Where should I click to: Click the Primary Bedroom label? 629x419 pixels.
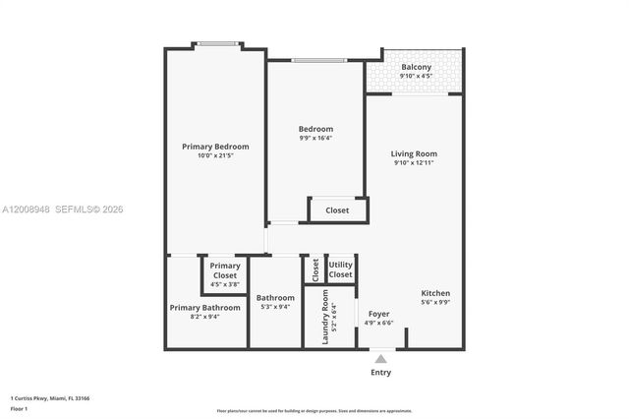215,147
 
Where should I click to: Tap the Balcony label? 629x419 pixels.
416,67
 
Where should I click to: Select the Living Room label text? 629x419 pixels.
414,153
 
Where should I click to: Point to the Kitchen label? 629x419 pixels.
435,293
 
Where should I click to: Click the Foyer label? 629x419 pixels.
378,314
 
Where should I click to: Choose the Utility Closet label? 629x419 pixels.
340,269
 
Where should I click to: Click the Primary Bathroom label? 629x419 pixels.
204,307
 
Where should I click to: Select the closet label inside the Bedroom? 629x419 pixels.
337,209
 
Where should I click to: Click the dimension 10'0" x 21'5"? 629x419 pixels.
215,155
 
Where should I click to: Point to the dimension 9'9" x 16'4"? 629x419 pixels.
315,138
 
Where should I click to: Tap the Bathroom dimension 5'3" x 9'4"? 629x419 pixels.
275,307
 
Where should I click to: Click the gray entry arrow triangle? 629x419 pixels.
380,359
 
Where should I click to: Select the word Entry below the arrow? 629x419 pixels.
380,373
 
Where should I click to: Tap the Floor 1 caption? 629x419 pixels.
19,407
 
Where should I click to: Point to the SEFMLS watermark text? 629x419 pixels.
88,209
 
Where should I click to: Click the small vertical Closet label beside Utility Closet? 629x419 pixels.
314,269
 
